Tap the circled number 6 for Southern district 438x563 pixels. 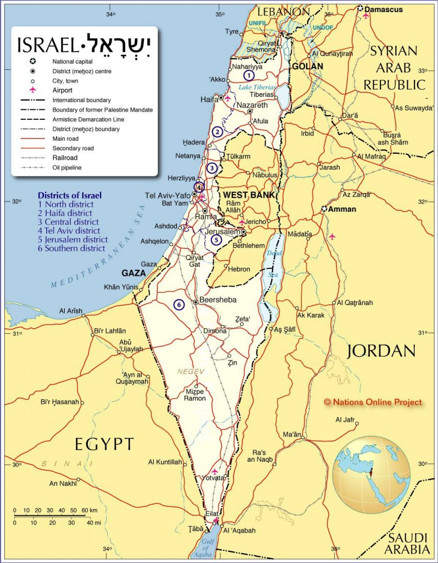(178, 304)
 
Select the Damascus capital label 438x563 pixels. (384, 9)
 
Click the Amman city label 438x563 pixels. (342, 209)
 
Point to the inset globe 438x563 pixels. (371, 474)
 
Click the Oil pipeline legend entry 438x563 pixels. (67, 167)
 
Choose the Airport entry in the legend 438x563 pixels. (62, 90)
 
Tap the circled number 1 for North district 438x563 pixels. (249, 75)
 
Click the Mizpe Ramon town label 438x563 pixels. (195, 395)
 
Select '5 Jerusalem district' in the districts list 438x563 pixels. (73, 240)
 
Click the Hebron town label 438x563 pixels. (239, 269)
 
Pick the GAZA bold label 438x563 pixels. (134, 273)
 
